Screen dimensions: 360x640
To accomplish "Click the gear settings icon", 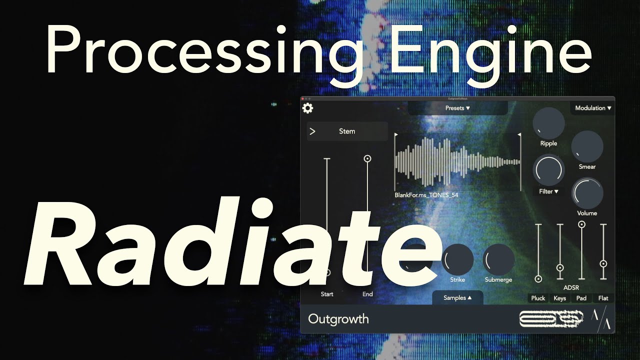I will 307,108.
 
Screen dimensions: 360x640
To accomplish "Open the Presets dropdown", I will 457,108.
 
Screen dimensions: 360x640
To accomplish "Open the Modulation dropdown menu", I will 593,108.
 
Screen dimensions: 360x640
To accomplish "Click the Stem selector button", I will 347,131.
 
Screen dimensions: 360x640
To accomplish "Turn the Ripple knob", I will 548,123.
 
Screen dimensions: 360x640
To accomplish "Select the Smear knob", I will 587,146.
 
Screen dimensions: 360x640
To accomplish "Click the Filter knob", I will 549,170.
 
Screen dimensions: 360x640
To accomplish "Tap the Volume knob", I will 587,193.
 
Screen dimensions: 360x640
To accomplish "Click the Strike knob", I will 457,260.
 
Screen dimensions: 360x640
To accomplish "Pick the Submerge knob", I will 498,260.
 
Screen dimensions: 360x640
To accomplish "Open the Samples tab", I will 457,298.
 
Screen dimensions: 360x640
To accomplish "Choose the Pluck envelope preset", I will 538,298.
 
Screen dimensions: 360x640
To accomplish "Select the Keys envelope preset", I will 560,298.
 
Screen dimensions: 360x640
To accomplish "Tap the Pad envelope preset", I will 581,298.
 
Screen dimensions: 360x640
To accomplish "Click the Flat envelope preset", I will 603,298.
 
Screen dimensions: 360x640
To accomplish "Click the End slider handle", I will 367,158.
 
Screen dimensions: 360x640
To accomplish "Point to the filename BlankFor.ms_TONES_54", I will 426,195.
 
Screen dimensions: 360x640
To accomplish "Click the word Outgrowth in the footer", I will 338,319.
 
